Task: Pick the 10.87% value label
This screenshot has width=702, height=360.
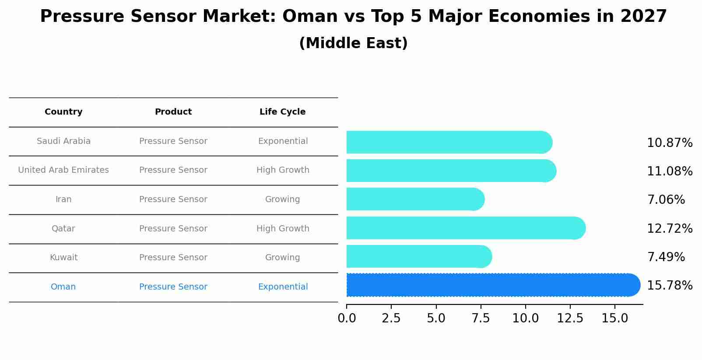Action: coord(669,143)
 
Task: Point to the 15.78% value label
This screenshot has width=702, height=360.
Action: coord(669,286)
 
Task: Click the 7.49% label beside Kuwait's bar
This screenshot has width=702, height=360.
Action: coord(666,257)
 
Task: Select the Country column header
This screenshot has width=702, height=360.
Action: coord(63,112)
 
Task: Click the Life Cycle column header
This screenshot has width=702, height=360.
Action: coord(282,112)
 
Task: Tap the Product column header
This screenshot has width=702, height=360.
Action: coord(173,112)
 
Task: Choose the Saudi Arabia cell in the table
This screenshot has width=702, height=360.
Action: coord(63,141)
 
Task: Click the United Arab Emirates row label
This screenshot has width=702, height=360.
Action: coord(63,170)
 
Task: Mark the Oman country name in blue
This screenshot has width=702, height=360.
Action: coord(63,287)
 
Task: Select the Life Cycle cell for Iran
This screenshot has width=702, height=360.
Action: coord(282,199)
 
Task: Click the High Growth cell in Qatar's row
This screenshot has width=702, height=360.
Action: coord(283,229)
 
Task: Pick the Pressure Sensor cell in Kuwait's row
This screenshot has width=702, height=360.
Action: coord(173,258)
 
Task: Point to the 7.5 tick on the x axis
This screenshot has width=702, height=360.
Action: coord(481,318)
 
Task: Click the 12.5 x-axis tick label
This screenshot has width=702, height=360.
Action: coord(570,318)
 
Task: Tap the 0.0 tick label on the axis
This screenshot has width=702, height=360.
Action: coord(347,318)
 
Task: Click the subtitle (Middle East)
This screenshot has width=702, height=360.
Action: coord(353,43)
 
